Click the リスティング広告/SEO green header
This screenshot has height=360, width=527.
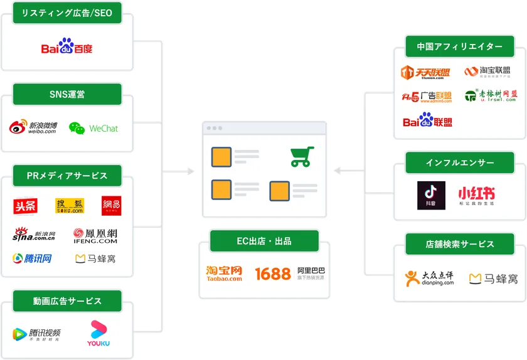67,13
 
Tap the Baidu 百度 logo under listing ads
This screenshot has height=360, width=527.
67,47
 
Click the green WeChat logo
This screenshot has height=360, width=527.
93,128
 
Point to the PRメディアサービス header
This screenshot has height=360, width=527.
67,176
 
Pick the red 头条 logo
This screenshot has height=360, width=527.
25,206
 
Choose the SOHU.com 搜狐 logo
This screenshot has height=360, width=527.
70,206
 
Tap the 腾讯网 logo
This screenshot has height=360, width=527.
32,258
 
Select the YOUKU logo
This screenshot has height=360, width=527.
98,334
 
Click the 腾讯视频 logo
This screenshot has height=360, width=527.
38,334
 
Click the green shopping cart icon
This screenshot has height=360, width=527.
302,156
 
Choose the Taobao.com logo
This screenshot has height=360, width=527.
224,273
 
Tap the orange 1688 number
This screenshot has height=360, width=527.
273,273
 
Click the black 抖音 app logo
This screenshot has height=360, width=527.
431,195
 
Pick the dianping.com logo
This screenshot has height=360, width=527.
429,278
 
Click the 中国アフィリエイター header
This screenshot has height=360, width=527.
459,46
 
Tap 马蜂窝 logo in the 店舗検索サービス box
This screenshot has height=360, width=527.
494,278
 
